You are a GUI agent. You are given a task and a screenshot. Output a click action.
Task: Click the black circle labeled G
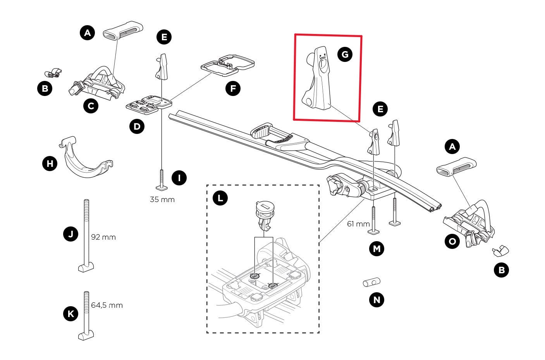(344, 54)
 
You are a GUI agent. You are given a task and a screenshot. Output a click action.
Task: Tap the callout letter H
(50, 164)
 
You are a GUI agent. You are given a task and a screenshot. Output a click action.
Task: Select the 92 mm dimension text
(103, 237)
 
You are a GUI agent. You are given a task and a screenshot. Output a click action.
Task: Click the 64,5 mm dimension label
(107, 305)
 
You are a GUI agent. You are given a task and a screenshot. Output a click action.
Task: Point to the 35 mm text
(162, 200)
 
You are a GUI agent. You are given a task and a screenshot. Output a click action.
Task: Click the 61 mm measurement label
(358, 224)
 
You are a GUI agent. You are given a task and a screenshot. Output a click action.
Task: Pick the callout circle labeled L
(220, 199)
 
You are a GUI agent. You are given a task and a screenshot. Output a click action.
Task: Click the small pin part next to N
(371, 283)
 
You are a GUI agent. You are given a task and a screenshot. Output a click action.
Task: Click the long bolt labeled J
(86, 236)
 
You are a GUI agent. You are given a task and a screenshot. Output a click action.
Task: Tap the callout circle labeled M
(377, 249)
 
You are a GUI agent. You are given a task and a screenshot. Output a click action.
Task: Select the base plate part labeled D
(148, 104)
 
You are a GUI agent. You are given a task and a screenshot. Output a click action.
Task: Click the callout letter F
(233, 89)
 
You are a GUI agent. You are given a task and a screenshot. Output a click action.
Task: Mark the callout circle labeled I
(179, 178)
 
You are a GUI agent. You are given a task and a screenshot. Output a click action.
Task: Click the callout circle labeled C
(91, 106)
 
